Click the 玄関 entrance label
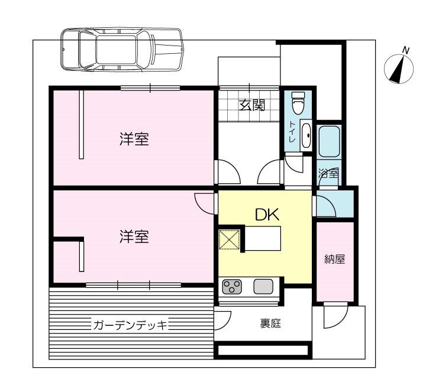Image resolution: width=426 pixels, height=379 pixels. tap(251, 106)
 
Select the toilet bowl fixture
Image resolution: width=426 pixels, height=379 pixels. tap(298, 104)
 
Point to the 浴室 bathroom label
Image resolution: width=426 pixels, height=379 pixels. tap(328, 174)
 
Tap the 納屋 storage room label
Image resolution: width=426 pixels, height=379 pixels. tap(334, 259)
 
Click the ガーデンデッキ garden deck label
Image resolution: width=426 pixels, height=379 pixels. tap(131, 325)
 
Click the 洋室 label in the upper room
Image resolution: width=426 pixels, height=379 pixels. tap(134, 140)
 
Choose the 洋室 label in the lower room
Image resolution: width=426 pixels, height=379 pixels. tap(134, 237)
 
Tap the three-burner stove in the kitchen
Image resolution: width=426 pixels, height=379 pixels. tap(231, 287)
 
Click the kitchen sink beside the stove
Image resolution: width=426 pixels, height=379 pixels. tap(262, 287)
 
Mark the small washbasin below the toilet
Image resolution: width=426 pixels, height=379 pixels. tap(306, 136)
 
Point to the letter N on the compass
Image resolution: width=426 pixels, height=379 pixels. tap(405, 50)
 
